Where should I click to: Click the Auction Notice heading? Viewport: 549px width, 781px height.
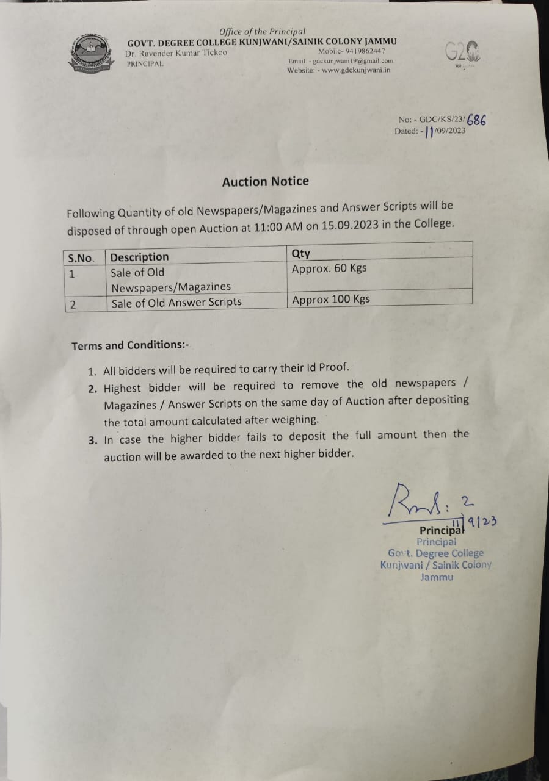point(265,181)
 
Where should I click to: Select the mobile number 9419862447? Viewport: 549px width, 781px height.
point(360,51)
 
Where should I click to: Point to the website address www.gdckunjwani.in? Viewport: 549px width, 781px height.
point(356,70)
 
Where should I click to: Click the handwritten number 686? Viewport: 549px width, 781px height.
point(476,120)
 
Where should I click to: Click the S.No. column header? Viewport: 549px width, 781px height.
point(81,258)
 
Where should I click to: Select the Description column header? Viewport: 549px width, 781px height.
point(139,257)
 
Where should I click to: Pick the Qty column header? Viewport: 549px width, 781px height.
point(301,253)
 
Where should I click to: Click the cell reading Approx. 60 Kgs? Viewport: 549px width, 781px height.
point(329,268)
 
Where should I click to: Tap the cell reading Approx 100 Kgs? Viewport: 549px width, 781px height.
point(331,300)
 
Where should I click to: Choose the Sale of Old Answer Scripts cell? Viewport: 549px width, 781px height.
point(176,302)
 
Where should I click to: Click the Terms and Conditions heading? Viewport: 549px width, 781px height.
point(130,345)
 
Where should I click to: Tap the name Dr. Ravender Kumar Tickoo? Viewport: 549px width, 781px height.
point(176,54)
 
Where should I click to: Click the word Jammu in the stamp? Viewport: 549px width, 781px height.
point(437,577)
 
